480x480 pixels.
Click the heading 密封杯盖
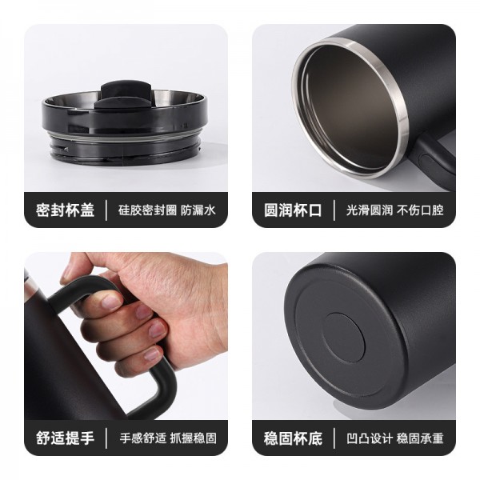(x=65, y=210)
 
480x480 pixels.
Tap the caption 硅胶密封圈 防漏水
(x=167, y=210)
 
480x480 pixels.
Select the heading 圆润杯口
(x=293, y=210)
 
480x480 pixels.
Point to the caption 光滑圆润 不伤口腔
(x=395, y=210)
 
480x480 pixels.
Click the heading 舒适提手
(x=65, y=438)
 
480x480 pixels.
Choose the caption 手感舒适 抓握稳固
(x=168, y=438)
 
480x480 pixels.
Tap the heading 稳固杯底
(x=293, y=438)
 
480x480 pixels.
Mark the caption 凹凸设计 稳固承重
(x=395, y=438)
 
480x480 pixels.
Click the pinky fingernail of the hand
(x=152, y=354)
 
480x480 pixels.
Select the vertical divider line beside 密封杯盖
(x=106, y=210)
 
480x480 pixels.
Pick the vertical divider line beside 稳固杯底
(x=334, y=438)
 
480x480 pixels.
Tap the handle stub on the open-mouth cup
(x=434, y=159)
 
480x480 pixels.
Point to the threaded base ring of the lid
(x=125, y=150)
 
